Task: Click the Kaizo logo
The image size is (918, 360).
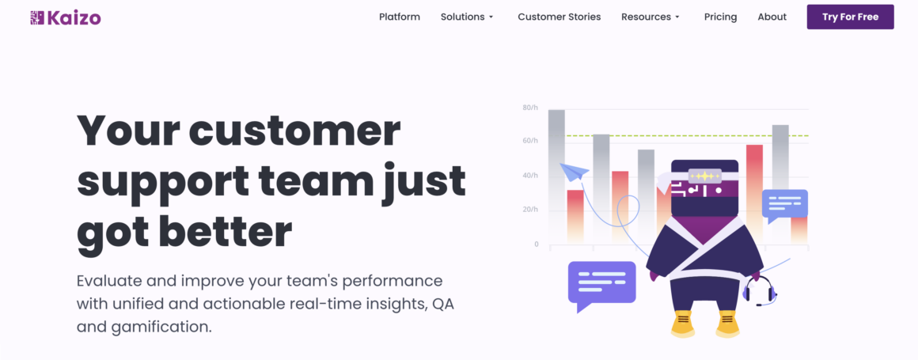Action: tap(66, 17)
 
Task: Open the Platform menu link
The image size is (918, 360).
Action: tap(400, 17)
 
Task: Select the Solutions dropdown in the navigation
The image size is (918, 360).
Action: tap(467, 17)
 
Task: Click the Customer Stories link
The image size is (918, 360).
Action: tap(559, 17)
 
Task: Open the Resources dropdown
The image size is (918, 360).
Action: tap(651, 17)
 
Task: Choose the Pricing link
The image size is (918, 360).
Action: tap(720, 17)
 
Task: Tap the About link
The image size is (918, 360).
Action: tap(772, 17)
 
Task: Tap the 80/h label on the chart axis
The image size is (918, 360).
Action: tap(530, 107)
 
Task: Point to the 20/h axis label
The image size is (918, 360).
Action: tap(530, 210)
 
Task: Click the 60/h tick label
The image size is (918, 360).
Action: tap(530, 141)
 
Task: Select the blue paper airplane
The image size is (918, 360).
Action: tap(574, 172)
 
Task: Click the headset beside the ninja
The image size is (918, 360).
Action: tap(758, 291)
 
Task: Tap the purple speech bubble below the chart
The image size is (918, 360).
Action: tap(601, 282)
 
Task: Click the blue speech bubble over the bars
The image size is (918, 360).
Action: tap(784, 204)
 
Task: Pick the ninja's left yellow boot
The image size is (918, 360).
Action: tap(682, 322)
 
